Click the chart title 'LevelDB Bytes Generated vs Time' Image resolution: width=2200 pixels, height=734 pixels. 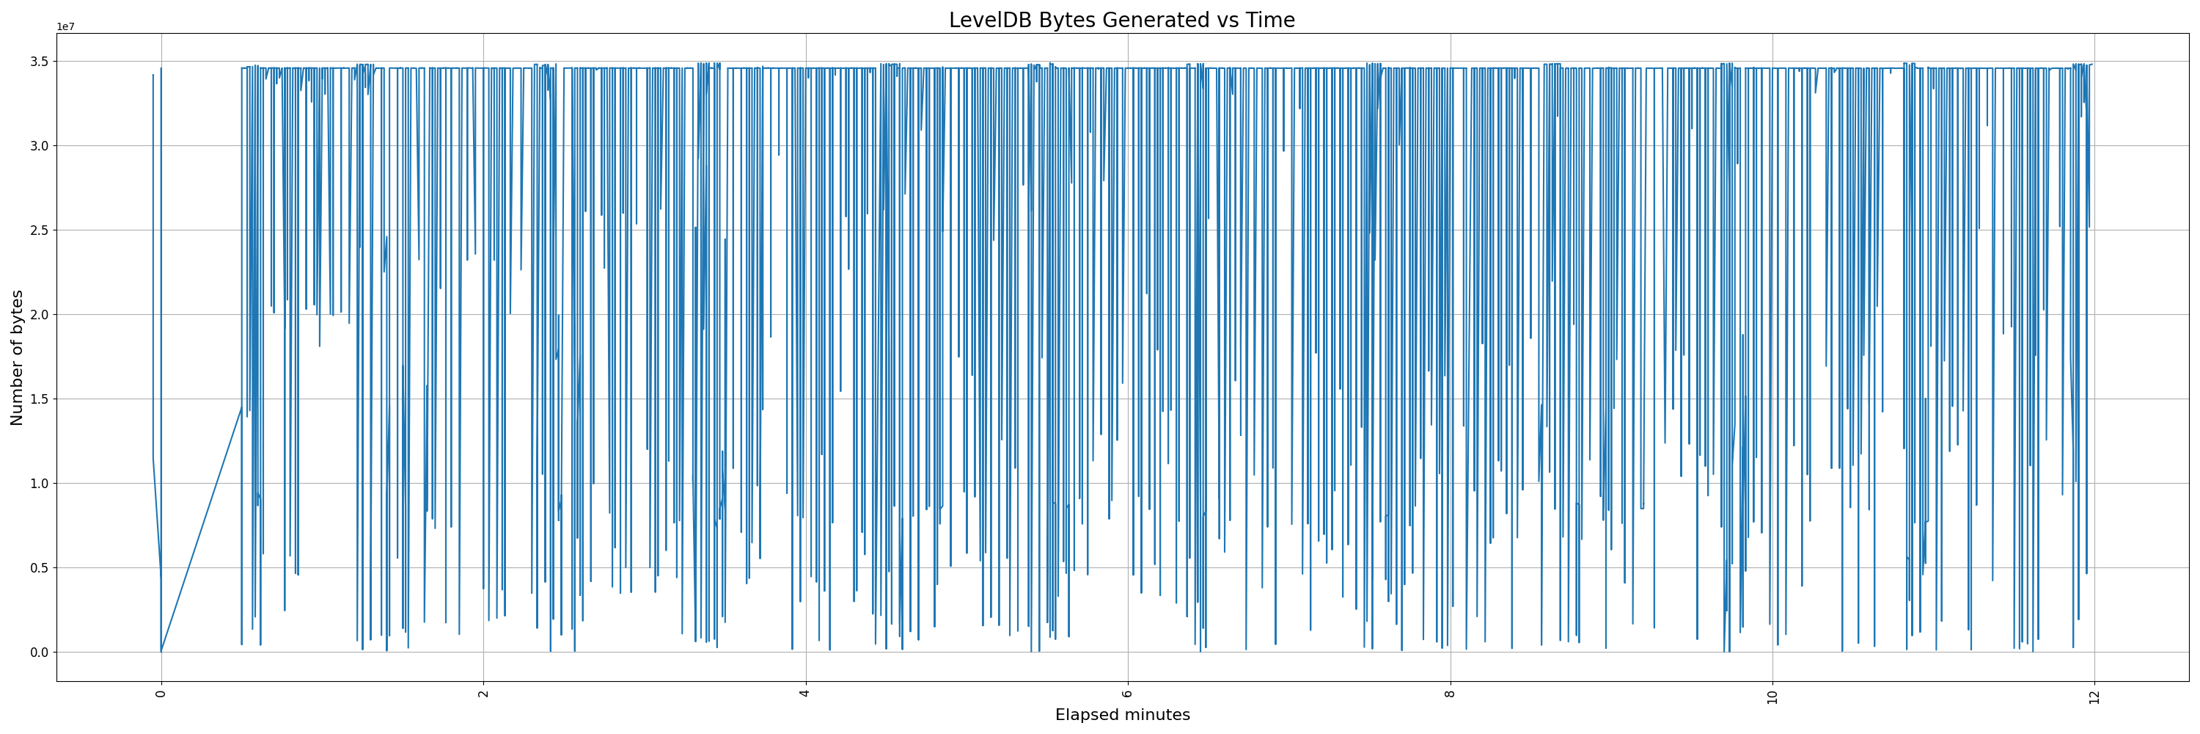(1121, 21)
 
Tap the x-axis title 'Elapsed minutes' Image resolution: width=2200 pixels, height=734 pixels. (1122, 715)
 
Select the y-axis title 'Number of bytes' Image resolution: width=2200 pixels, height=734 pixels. (17, 357)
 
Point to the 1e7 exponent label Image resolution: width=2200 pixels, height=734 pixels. (66, 27)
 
